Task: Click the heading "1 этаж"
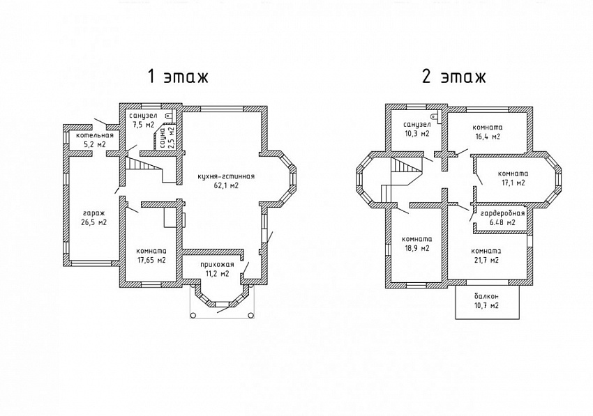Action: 178,77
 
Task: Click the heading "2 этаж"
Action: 453,77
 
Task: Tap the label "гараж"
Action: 93,213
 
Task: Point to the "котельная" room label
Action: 95,136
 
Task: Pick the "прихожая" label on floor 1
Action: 217,265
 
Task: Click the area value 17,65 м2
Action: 151,261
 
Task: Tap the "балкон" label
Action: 486,296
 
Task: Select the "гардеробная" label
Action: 502,214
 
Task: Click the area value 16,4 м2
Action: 488,137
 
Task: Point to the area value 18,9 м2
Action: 416,248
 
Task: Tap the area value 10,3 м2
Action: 416,134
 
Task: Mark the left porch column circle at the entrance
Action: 193,315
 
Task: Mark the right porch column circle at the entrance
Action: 250,315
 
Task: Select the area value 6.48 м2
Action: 502,222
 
